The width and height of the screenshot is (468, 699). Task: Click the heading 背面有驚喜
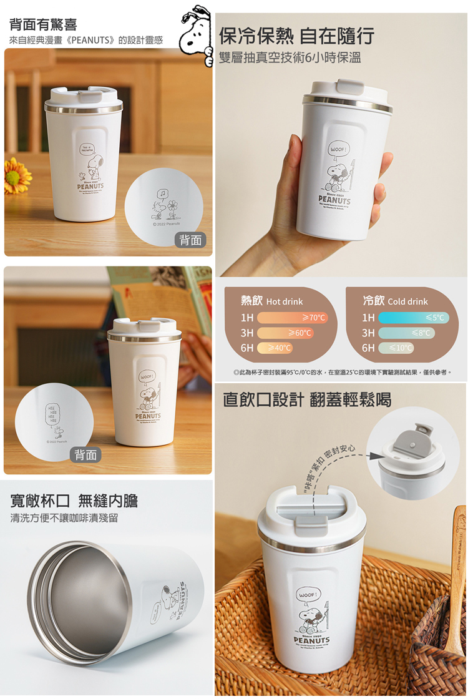click(43, 25)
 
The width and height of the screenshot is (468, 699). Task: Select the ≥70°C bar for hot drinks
click(292, 318)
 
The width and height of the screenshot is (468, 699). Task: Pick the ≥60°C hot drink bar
click(285, 333)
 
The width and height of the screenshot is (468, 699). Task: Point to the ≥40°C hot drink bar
click(275, 348)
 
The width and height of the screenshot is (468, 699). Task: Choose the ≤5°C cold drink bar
click(413, 318)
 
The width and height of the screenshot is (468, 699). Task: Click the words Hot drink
click(285, 301)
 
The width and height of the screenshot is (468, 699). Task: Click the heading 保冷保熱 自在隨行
click(296, 36)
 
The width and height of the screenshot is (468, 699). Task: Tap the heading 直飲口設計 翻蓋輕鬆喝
click(307, 399)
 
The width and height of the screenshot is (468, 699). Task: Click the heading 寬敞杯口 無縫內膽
click(74, 500)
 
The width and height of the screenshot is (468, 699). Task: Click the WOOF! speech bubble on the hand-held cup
click(338, 150)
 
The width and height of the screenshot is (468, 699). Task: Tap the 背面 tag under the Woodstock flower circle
click(190, 240)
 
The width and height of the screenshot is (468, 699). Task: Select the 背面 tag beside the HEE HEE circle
click(85, 455)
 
